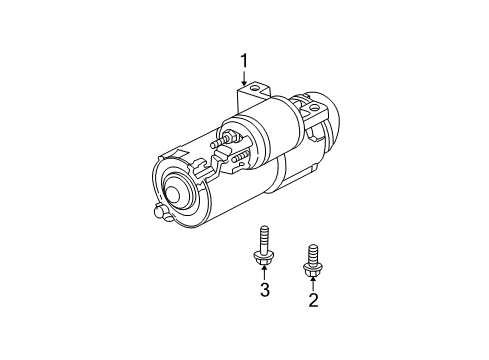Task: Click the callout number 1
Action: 242,62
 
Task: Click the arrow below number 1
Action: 242,82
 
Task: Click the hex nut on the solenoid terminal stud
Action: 230,133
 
